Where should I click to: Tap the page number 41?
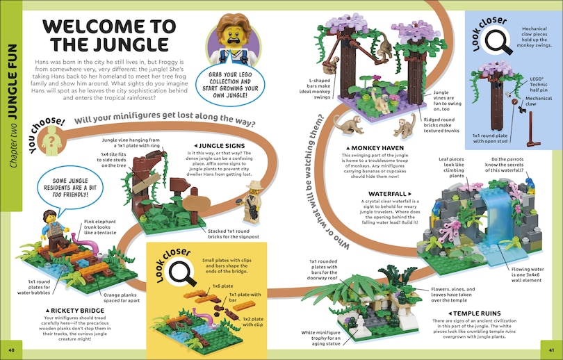pos(551,349)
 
